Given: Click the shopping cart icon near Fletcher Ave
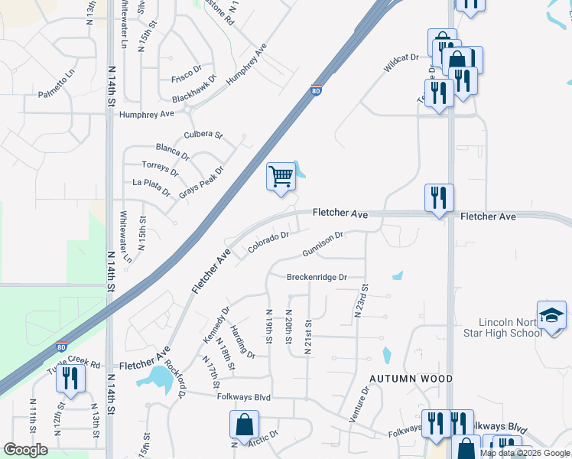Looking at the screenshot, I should click(281, 176).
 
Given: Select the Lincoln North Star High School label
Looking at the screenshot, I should click(510, 327).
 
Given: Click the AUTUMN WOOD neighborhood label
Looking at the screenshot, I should click(411, 379).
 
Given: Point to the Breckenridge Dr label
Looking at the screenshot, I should click(317, 277).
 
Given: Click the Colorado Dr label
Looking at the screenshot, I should click(268, 243).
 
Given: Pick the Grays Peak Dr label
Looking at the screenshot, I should click(201, 183).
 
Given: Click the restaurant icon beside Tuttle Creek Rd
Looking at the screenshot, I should click(70, 379).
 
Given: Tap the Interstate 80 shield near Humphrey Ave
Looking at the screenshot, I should click(316, 91).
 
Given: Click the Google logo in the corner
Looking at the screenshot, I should click(25, 449).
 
